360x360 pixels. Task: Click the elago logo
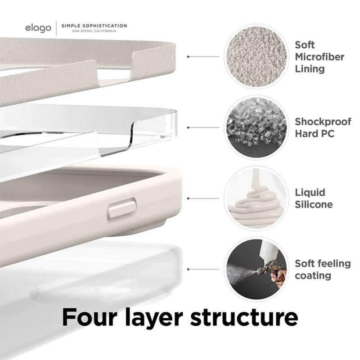[38, 28]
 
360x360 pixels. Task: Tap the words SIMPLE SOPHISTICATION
[94, 26]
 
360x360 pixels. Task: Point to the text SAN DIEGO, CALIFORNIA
[94, 31]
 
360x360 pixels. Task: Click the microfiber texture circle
[256, 57]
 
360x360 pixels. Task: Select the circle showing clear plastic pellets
[256, 127]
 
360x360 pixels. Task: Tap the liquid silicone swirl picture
[256, 198]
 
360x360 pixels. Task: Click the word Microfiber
[319, 57]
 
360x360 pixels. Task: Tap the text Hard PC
[314, 134]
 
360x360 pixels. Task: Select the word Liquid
[310, 193]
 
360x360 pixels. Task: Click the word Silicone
[314, 204]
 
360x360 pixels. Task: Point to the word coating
[313, 276]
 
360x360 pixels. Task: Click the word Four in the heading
[88, 317]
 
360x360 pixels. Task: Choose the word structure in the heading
[244, 318]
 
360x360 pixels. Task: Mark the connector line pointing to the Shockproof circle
[203, 127]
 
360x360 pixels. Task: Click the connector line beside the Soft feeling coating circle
[203, 269]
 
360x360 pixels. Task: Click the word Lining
[310, 69]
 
